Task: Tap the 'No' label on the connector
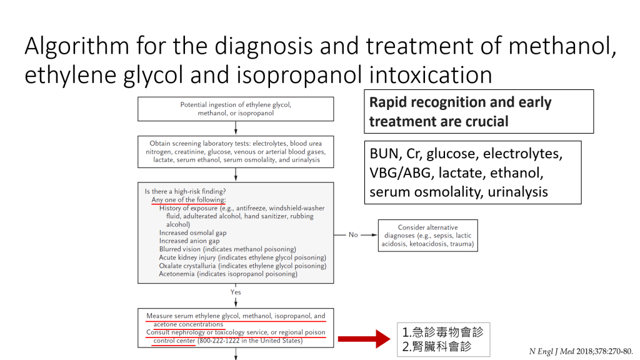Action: point(353,234)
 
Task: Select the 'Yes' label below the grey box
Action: point(236,292)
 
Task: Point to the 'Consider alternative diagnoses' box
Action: point(427,236)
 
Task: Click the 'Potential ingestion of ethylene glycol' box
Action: point(236,109)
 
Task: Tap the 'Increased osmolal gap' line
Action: point(192,232)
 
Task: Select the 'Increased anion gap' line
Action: point(189,241)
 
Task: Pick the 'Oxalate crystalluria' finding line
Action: point(242,266)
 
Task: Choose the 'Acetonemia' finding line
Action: point(227,274)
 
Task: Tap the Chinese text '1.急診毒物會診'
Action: point(442,332)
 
